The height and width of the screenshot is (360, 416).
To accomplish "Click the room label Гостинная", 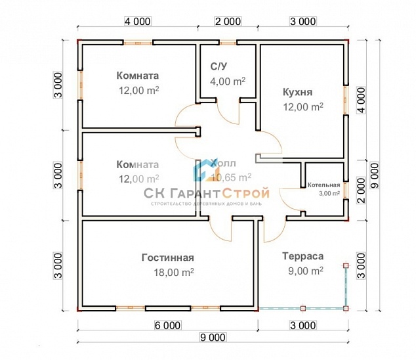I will [x=167, y=258].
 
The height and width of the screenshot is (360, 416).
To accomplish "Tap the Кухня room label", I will [x=297, y=92].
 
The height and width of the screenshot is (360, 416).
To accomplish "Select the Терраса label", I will [x=302, y=257].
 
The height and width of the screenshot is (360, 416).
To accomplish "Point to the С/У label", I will [x=219, y=67].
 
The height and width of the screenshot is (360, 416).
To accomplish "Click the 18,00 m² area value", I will [x=167, y=271].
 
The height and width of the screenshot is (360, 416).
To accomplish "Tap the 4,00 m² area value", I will [x=227, y=81].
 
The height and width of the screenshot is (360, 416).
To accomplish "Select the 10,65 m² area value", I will [x=231, y=177].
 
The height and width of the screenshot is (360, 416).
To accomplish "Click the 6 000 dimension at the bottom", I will [x=168, y=325].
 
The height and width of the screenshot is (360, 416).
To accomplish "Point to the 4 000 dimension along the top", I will [x=138, y=22].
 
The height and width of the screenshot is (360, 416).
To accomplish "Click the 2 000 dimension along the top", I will [x=228, y=22].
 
